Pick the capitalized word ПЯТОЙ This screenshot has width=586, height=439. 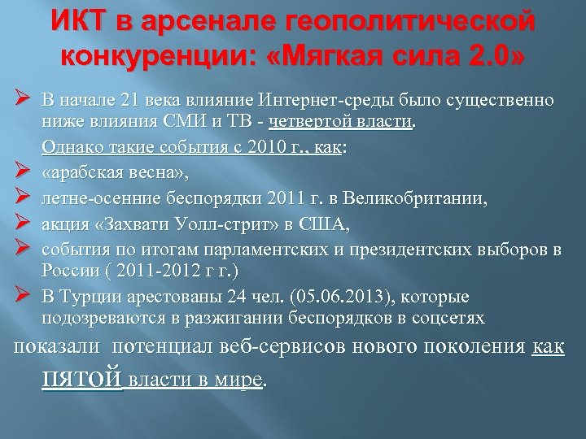(81, 379)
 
